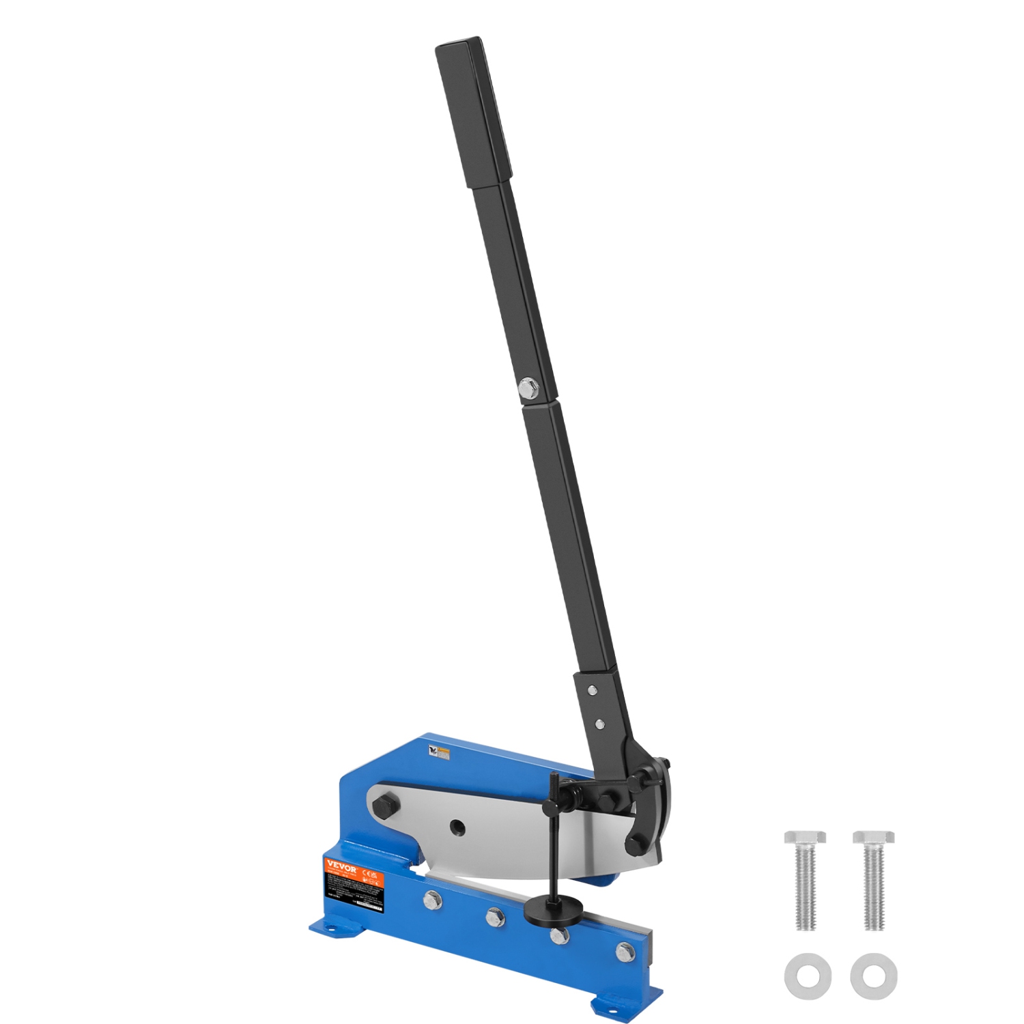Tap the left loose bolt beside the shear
point(806,880)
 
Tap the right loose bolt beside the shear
point(874,880)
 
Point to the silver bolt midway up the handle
point(528,389)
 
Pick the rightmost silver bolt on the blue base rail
point(625,951)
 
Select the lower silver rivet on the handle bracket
point(599,722)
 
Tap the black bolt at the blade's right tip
point(636,844)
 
